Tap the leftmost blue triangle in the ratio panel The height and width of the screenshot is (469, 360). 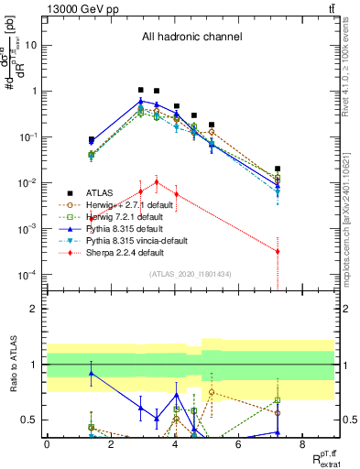tap(91, 373)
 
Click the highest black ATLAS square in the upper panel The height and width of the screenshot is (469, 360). tap(140, 90)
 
